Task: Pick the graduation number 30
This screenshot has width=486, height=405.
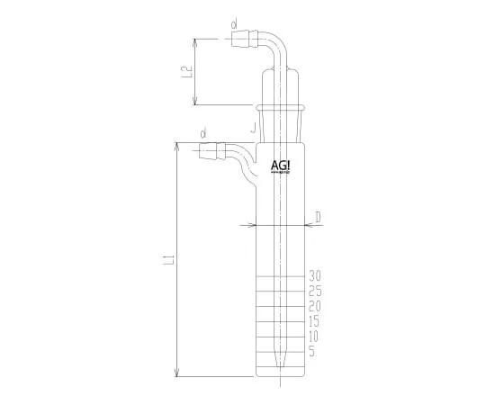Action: coord(315,275)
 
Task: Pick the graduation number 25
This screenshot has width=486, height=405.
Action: coord(315,291)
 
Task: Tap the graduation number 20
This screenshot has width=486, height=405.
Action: coord(315,306)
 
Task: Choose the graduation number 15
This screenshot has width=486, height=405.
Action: coord(315,321)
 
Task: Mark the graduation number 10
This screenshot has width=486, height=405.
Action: coord(315,337)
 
